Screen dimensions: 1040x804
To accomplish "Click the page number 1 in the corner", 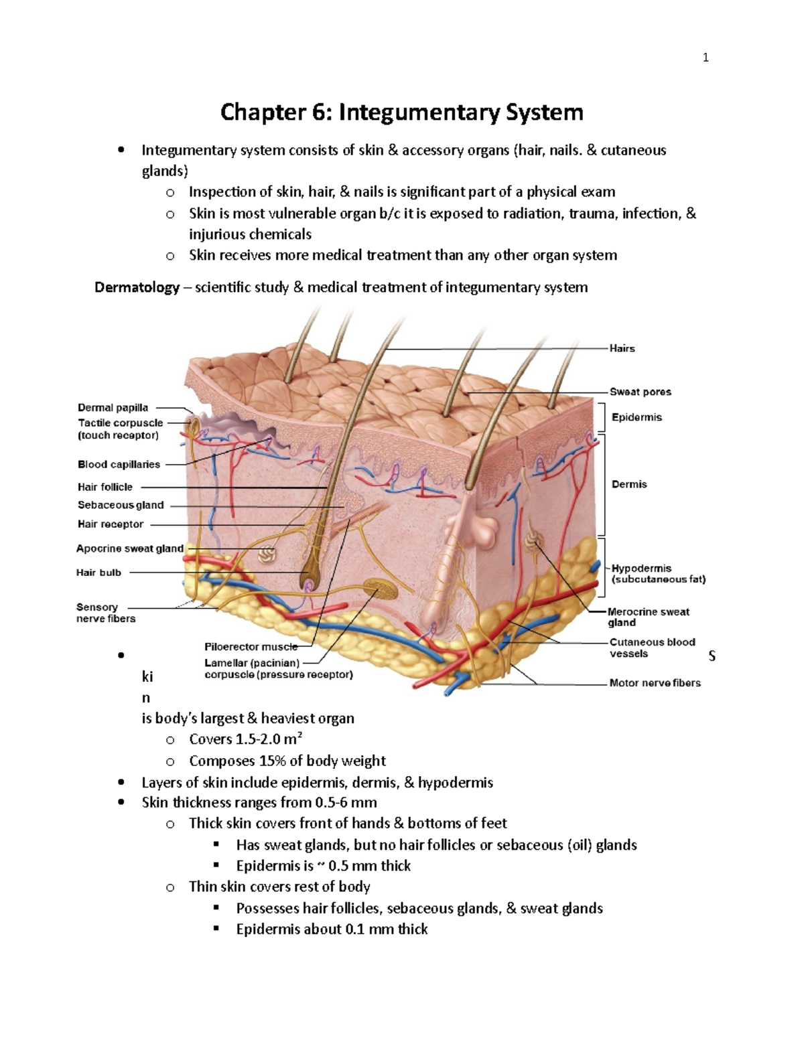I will pos(705,58).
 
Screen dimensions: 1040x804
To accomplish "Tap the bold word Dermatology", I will pos(137,287).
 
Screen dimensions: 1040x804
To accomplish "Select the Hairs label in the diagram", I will pos(622,348).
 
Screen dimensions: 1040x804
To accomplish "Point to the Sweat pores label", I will pos(640,392).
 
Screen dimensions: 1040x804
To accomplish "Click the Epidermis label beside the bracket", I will pos(636,417).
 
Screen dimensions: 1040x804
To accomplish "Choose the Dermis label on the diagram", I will pos(629,484).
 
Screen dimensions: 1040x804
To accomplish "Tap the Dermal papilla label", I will pos(113,407).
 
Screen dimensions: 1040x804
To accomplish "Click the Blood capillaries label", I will pos(119,464).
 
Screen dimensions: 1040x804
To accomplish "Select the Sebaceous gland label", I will pos(121,505).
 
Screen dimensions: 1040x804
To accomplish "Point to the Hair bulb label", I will pos(98,573).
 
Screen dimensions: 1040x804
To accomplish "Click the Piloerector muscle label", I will pos(251,647).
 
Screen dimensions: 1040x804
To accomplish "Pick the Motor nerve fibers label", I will pos(655,683).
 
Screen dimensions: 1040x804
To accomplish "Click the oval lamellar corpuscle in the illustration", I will pos(381,590).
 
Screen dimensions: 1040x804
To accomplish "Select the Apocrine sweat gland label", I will pos(129,548).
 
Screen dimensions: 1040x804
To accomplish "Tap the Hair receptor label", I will pos(111,524).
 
